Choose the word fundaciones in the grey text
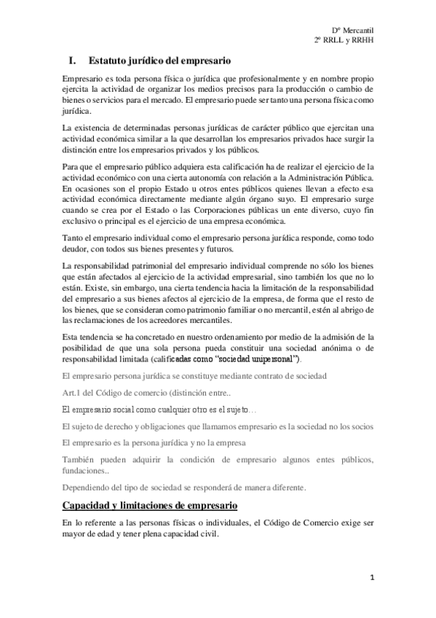(x=84, y=472)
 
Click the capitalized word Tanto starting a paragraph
(x=76, y=239)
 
